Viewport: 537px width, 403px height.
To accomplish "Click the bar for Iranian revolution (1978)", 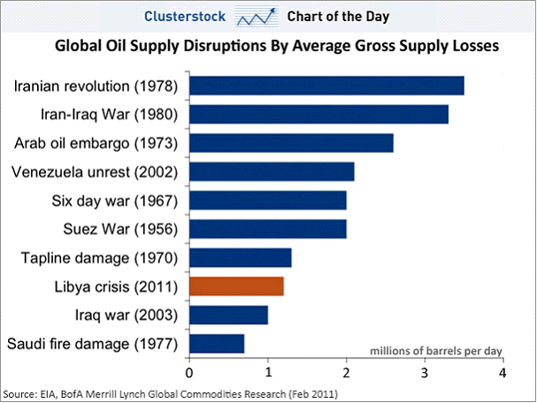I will pos(326,86).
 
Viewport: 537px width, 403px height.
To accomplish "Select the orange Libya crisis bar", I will pos(236,286).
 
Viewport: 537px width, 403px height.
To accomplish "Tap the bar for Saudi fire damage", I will pos(217,343).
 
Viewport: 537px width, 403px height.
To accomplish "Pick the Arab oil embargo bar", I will pos(291,143).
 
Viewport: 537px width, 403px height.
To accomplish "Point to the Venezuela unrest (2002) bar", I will pos(272,171).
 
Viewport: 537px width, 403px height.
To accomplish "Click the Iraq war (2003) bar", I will pos(228,315).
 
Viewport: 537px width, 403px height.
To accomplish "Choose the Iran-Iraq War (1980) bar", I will pos(318,114).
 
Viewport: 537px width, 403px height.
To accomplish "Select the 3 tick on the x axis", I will pos(425,371).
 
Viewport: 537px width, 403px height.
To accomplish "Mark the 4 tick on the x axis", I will pos(502,371).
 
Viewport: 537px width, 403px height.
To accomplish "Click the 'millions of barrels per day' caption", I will pos(434,351).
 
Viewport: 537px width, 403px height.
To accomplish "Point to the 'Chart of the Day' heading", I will pos(338,16).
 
